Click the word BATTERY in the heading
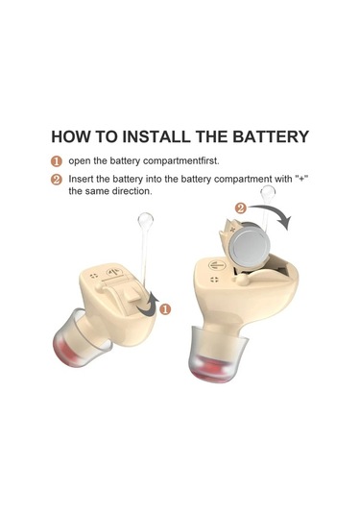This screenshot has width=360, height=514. click(x=271, y=136)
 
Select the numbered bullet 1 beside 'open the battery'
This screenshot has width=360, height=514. click(x=57, y=161)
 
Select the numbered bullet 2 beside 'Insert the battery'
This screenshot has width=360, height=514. click(x=57, y=180)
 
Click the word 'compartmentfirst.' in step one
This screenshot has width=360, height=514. click(x=181, y=161)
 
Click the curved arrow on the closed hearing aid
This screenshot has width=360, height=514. click(x=148, y=305)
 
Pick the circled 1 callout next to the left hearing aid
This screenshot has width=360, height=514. click(x=165, y=308)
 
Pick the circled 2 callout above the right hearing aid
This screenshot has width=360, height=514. click(x=241, y=208)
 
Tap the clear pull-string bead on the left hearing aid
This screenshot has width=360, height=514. click(x=146, y=221)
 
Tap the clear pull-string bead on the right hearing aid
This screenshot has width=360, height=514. click(x=268, y=192)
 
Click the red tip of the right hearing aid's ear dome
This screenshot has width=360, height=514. click(x=213, y=371)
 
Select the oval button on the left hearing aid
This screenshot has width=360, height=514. click(x=114, y=272)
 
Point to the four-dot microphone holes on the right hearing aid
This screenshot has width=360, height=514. click(x=214, y=280)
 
